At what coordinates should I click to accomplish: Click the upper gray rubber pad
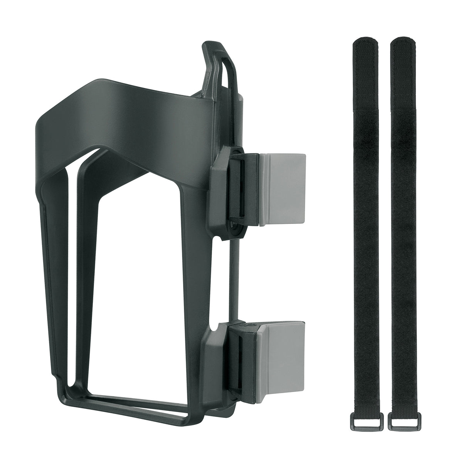tap(283, 189)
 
